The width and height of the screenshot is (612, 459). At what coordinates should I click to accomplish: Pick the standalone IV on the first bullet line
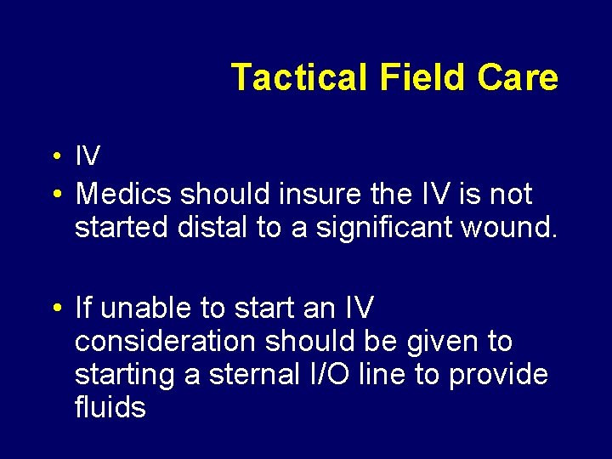click(88, 156)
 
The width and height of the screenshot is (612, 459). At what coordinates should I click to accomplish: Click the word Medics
click(124, 195)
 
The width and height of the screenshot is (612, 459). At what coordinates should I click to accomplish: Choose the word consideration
click(165, 342)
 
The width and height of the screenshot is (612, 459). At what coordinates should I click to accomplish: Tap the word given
click(438, 342)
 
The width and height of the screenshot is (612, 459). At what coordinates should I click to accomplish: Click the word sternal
click(252, 375)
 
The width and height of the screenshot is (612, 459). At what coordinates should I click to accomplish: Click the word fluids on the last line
click(110, 408)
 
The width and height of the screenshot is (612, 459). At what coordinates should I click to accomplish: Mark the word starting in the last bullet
click(125, 375)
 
